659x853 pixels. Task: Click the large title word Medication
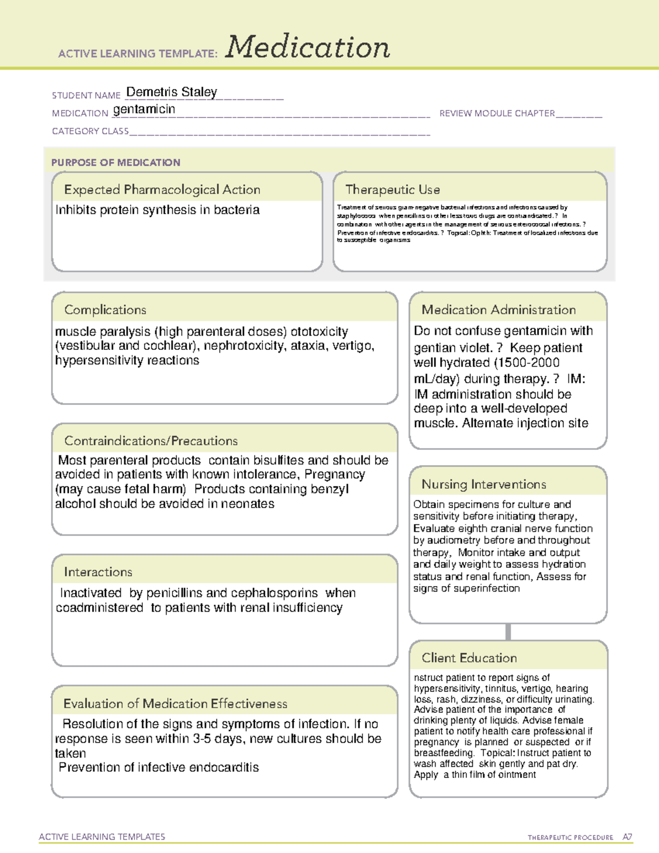coord(308,47)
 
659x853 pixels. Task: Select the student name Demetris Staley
coord(171,92)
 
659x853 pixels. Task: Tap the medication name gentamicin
coord(144,109)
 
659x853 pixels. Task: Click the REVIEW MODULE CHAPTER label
coord(496,113)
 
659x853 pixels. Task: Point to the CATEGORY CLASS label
coord(90,131)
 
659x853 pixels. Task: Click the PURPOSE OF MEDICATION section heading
coord(115,163)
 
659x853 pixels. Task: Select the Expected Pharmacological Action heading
coord(162,189)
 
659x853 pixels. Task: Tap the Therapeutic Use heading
coord(392,189)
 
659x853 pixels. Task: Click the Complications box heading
coord(105,310)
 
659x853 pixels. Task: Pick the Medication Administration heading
coord(498,310)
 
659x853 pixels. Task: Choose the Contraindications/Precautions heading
coord(150,441)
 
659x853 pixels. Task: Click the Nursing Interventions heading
coord(483,484)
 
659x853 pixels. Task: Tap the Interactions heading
coord(98,572)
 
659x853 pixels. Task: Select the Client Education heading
coord(469,657)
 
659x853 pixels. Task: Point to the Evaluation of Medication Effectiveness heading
coord(175,704)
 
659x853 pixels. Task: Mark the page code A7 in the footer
coord(627,837)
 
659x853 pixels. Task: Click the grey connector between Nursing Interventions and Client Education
coord(508,632)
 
